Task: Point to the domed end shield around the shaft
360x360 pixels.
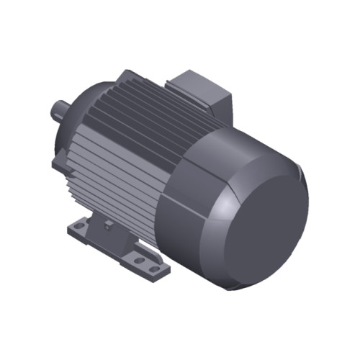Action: coord(79,108)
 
